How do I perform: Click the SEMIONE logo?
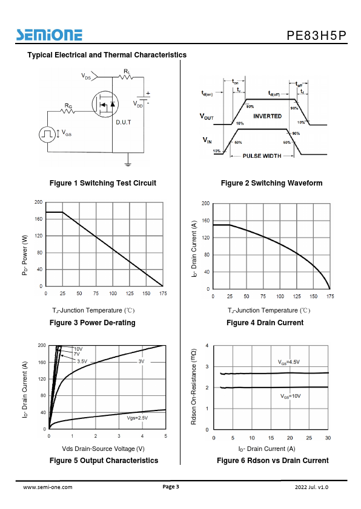[x=50, y=34]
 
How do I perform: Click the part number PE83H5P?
[x=316, y=36]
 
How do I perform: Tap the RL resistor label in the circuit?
[x=127, y=71]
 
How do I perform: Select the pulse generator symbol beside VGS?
[x=47, y=134]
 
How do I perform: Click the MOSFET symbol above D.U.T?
[x=105, y=104]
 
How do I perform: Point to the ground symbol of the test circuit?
[x=128, y=164]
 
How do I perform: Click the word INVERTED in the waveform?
[x=267, y=116]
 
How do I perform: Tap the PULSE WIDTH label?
[x=262, y=156]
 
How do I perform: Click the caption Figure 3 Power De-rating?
[x=92, y=323]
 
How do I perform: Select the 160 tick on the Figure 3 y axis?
[x=39, y=219]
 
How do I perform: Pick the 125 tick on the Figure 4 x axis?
[x=297, y=296]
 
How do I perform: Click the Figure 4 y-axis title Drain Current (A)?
[x=194, y=249]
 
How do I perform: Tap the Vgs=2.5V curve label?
[x=137, y=418]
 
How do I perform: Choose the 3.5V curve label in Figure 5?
[x=82, y=361]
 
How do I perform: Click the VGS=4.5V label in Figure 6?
[x=289, y=362]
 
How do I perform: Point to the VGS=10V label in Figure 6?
[x=290, y=396]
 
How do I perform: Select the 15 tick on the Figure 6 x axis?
[x=271, y=438]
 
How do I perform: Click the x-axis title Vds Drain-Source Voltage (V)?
[x=103, y=449]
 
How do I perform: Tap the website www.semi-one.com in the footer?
[x=48, y=487]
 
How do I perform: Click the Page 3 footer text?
[x=171, y=487]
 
